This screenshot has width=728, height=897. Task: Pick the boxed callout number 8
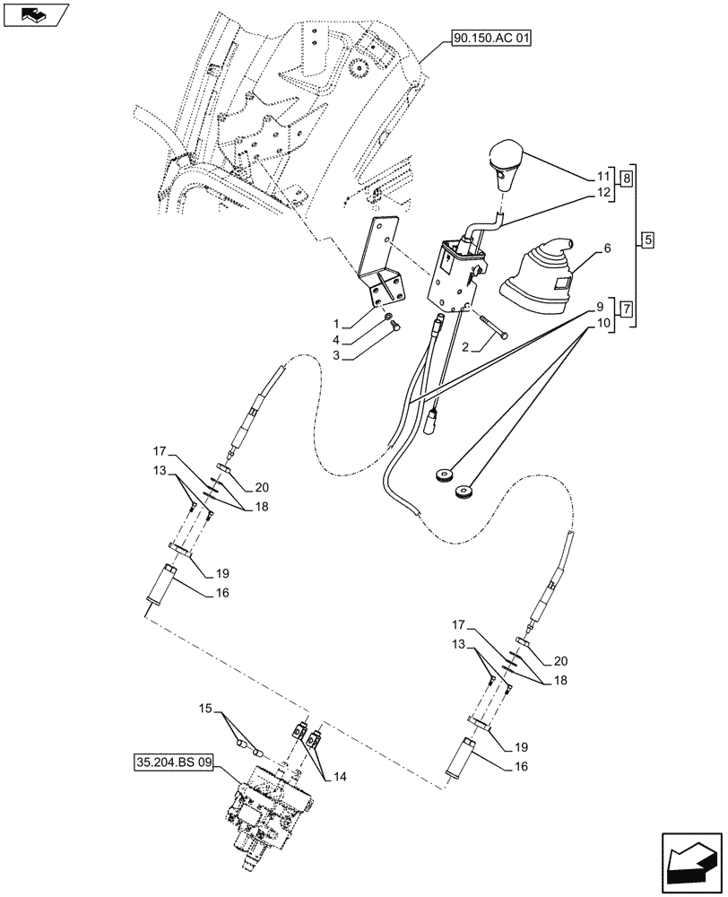coord(626,178)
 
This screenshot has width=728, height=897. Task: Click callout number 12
coord(602,191)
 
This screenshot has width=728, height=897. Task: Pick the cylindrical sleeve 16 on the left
coord(163,583)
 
